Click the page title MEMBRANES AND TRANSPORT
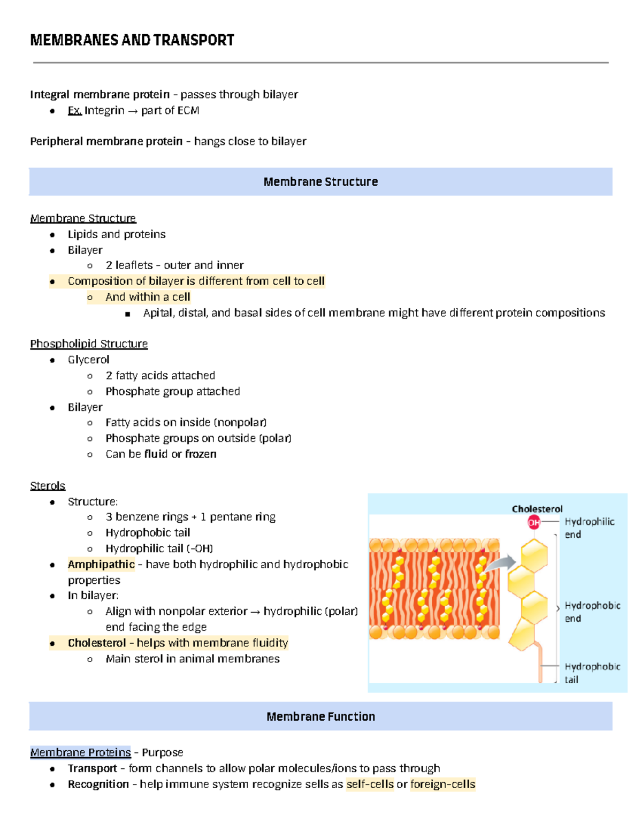132,40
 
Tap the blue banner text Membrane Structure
320,182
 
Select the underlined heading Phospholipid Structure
89,344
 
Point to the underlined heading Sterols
48,485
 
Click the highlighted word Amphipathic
101,565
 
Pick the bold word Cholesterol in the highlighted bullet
97,643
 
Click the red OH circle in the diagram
534,522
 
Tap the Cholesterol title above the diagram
537,509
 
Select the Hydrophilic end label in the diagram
589,528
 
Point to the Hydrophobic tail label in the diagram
592,673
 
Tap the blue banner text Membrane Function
320,716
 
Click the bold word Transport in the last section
92,768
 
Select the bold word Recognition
98,784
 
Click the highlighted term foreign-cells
442,784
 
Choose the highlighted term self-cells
370,784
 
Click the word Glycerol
88,360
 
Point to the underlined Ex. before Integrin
75,110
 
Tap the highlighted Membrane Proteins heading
80,752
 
